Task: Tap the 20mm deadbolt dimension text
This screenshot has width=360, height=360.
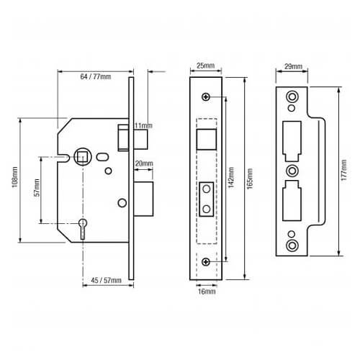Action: tap(143, 164)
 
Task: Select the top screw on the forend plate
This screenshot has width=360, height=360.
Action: tap(207, 97)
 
